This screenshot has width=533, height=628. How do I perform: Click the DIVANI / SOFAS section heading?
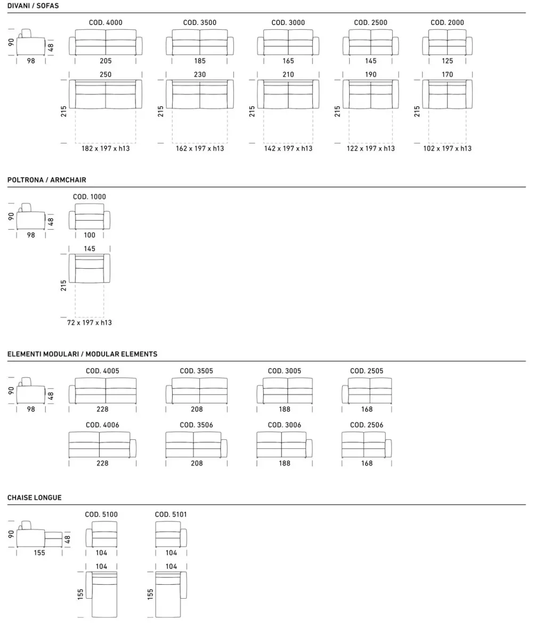[33, 6]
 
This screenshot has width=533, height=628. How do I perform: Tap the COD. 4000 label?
[106, 22]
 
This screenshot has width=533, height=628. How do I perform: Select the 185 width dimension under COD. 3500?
[199, 61]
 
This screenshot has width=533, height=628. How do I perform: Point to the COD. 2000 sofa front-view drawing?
[447, 42]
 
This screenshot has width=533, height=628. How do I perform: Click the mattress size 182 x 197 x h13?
[106, 148]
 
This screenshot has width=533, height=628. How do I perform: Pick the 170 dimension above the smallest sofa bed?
[447, 75]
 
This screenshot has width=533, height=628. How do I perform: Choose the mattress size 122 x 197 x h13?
[371, 148]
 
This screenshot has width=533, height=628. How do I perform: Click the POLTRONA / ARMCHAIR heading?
[46, 180]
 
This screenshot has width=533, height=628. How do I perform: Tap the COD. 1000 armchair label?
[90, 197]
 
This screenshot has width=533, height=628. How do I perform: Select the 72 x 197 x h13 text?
[90, 323]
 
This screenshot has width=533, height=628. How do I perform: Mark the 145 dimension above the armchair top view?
[90, 249]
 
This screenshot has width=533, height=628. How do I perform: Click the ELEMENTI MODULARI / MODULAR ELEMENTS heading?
[82, 354]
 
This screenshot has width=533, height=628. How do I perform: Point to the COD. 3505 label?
[196, 371]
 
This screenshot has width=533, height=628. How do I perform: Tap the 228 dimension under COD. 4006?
[102, 464]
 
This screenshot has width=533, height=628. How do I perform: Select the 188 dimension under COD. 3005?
[285, 409]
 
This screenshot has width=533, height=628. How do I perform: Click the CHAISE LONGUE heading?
[34, 498]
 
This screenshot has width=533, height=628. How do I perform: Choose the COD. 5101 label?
[171, 514]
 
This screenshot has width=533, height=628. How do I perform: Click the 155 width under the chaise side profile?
[39, 553]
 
